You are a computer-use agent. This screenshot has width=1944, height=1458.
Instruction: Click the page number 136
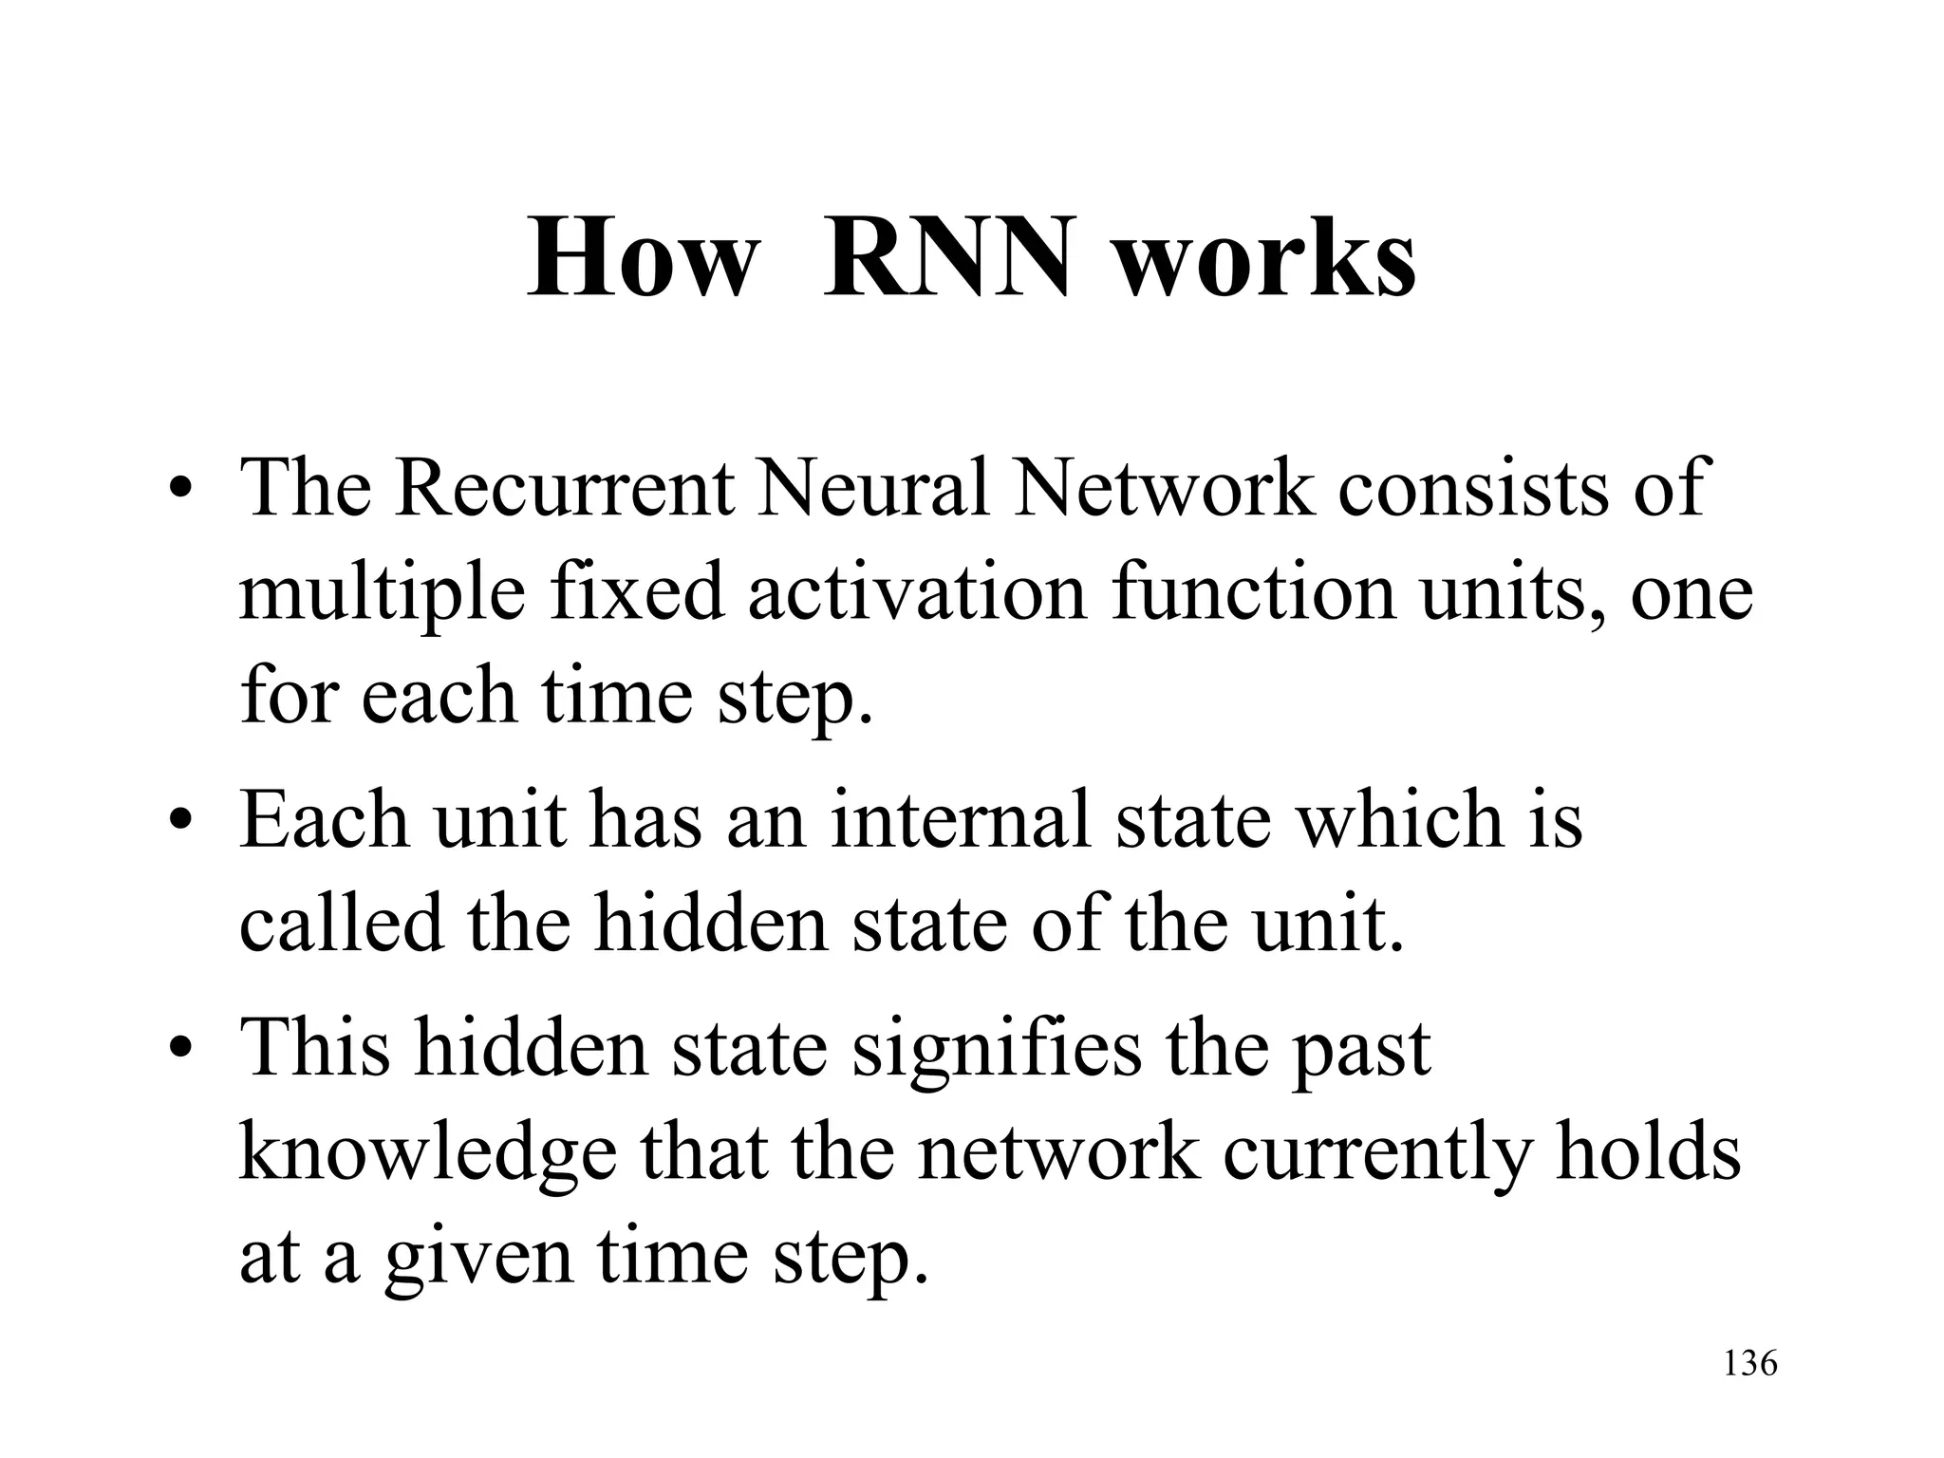click(1749, 1364)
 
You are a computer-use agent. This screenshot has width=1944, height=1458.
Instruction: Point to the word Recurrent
click(564, 488)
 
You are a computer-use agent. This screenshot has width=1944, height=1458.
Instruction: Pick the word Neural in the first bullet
click(874, 488)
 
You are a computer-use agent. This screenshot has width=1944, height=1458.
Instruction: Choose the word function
click(1254, 592)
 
